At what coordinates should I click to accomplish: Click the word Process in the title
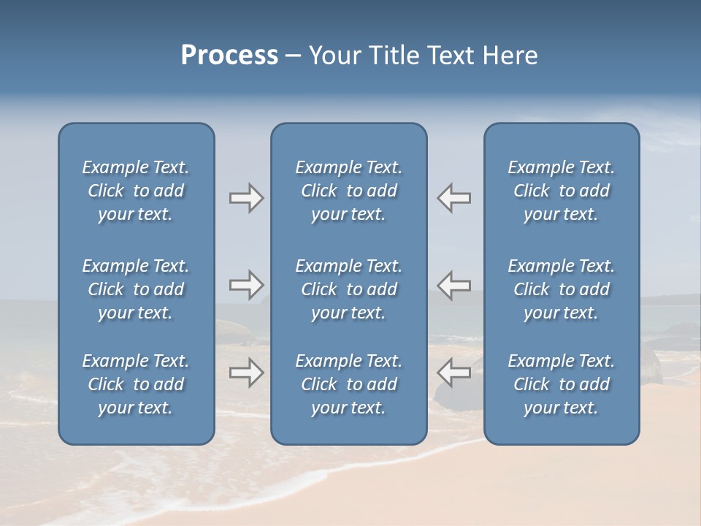pos(229,56)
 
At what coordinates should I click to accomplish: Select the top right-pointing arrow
pos(246,198)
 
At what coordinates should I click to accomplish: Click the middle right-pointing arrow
pos(246,285)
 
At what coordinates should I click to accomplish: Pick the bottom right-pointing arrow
pos(246,373)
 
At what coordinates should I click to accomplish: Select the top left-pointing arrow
pos(453,198)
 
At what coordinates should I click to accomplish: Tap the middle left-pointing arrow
pos(453,285)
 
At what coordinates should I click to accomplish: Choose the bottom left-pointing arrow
pos(453,373)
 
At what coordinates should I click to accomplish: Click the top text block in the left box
pos(136,191)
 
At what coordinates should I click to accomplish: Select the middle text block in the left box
pos(136,289)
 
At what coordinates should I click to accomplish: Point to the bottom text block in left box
pos(136,384)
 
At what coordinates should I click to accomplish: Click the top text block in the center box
pos(348,191)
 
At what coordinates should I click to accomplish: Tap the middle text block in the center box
pos(348,289)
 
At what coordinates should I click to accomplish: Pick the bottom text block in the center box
pos(348,384)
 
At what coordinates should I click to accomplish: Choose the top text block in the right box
pos(561,191)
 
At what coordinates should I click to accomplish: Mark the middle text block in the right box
pos(561,289)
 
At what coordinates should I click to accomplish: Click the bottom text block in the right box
pos(561,384)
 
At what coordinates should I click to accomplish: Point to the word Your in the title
pos(334,56)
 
